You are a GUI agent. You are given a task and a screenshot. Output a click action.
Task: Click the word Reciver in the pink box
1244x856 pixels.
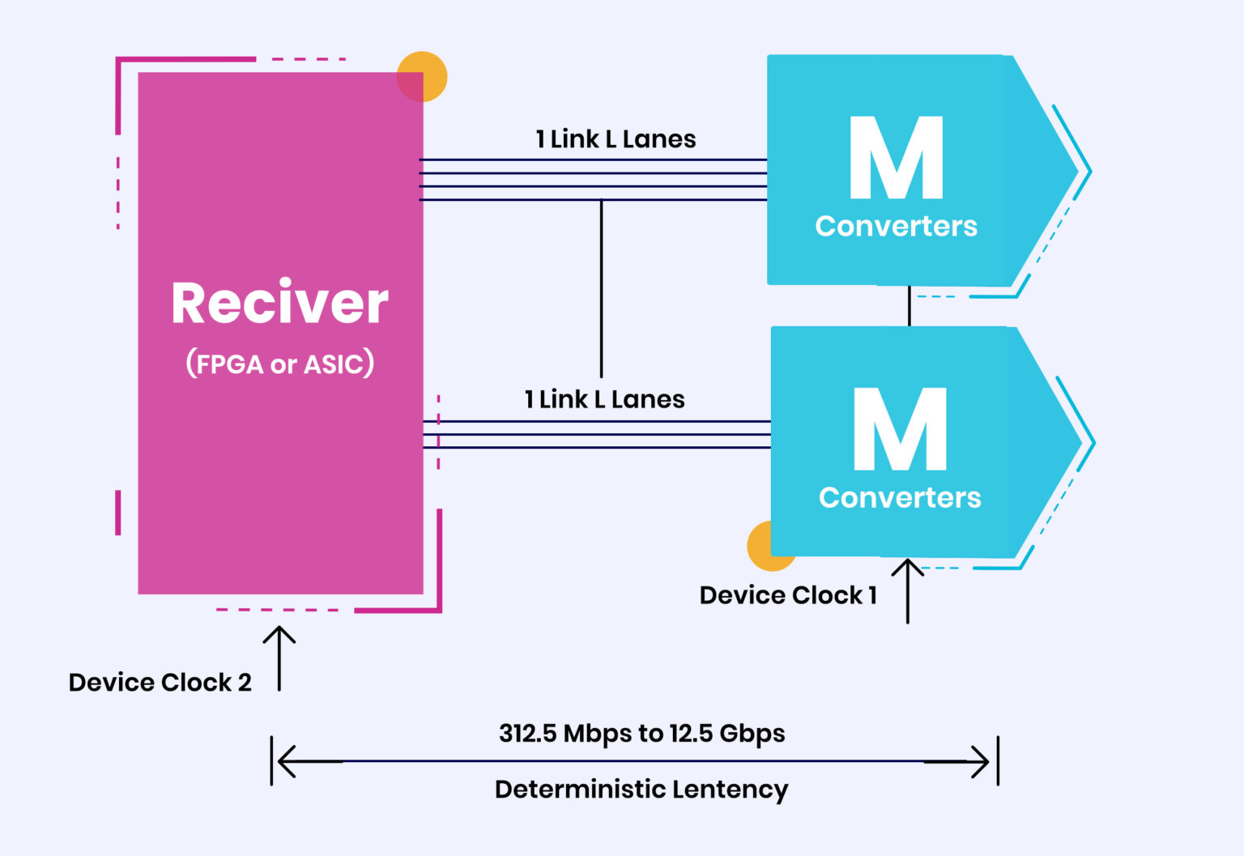(279, 304)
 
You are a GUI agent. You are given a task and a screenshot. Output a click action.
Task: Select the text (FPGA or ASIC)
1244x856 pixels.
(279, 364)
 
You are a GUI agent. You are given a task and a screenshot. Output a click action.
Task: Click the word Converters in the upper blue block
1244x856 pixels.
(896, 226)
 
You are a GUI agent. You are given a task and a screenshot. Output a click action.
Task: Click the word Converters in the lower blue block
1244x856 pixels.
(900, 497)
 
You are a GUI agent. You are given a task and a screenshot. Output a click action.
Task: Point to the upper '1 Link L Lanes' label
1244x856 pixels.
(616, 139)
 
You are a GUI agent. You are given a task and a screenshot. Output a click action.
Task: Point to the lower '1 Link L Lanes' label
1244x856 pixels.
(604, 399)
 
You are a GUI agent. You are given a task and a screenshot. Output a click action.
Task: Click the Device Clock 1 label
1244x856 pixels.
(788, 595)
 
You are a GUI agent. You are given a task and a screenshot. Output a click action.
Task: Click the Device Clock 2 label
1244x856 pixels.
(160, 682)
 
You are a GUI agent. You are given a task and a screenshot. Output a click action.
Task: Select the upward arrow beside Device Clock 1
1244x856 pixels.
(908, 591)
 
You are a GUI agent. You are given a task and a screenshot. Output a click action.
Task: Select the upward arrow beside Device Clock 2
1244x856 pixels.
(279, 658)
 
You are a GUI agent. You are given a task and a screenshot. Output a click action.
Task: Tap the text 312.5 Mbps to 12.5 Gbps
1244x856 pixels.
(641, 733)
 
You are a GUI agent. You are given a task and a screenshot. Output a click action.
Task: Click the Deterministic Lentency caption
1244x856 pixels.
(641, 789)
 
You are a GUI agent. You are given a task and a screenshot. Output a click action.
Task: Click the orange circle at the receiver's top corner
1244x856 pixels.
(423, 76)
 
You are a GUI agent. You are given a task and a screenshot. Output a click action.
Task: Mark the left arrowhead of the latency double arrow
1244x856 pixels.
(285, 761)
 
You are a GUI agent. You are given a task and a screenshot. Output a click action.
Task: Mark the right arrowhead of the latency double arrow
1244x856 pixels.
(982, 761)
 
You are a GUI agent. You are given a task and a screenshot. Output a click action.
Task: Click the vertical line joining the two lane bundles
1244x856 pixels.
(601, 288)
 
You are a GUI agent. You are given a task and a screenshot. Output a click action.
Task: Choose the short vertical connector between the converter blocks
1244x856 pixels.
(910, 305)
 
